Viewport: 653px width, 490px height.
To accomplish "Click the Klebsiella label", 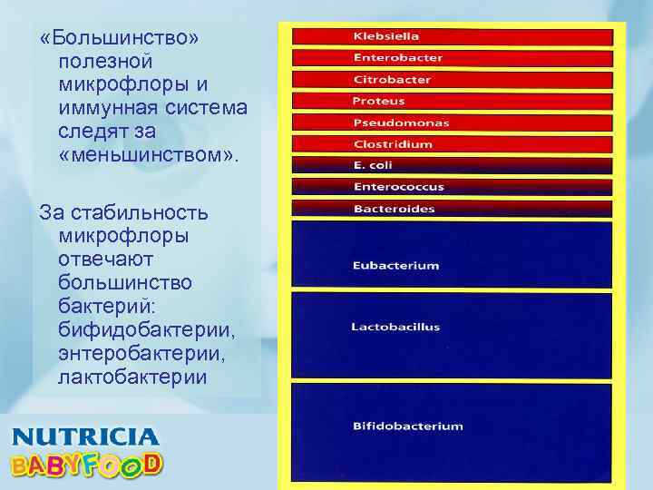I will coord(385,36).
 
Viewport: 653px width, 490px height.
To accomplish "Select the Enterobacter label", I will coord(397,58).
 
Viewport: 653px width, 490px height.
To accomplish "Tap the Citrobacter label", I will coord(392,80).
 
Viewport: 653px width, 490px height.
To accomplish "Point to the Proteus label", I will coord(378,102).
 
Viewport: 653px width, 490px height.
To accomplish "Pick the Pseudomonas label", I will coord(401,123).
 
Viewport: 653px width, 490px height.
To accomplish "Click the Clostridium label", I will coord(393,144).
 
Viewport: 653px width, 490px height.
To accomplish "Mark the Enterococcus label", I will coord(398,187).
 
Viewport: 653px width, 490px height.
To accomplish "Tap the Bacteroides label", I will coord(394,209).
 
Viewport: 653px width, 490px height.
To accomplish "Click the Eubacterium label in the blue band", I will coord(395,266).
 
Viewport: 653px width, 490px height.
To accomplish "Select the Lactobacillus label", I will coord(395,327).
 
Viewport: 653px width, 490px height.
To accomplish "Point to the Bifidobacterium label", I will coord(407,426).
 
